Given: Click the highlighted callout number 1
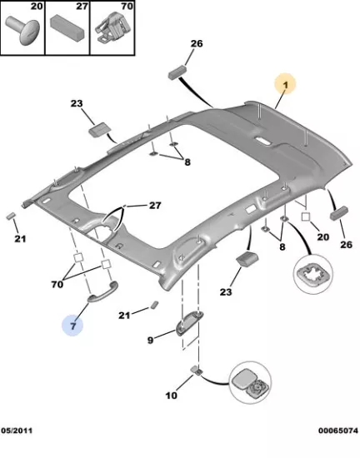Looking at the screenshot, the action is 285,85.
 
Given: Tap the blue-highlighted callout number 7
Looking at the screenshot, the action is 72,326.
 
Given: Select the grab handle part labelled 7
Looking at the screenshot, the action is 103,292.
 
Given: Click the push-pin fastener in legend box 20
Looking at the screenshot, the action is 22,30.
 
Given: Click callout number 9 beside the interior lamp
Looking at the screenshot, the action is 150,340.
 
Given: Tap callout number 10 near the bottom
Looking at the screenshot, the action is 171,396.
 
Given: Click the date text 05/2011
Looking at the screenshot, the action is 17,431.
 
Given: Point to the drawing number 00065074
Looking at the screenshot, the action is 338,431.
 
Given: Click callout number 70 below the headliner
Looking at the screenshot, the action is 57,284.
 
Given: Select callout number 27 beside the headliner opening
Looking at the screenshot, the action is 155,206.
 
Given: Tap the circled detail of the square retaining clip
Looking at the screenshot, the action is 313,274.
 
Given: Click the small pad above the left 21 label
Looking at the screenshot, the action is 11,216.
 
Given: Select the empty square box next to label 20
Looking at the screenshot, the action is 306,217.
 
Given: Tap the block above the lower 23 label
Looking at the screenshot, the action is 247,258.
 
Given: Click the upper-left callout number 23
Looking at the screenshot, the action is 77,103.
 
